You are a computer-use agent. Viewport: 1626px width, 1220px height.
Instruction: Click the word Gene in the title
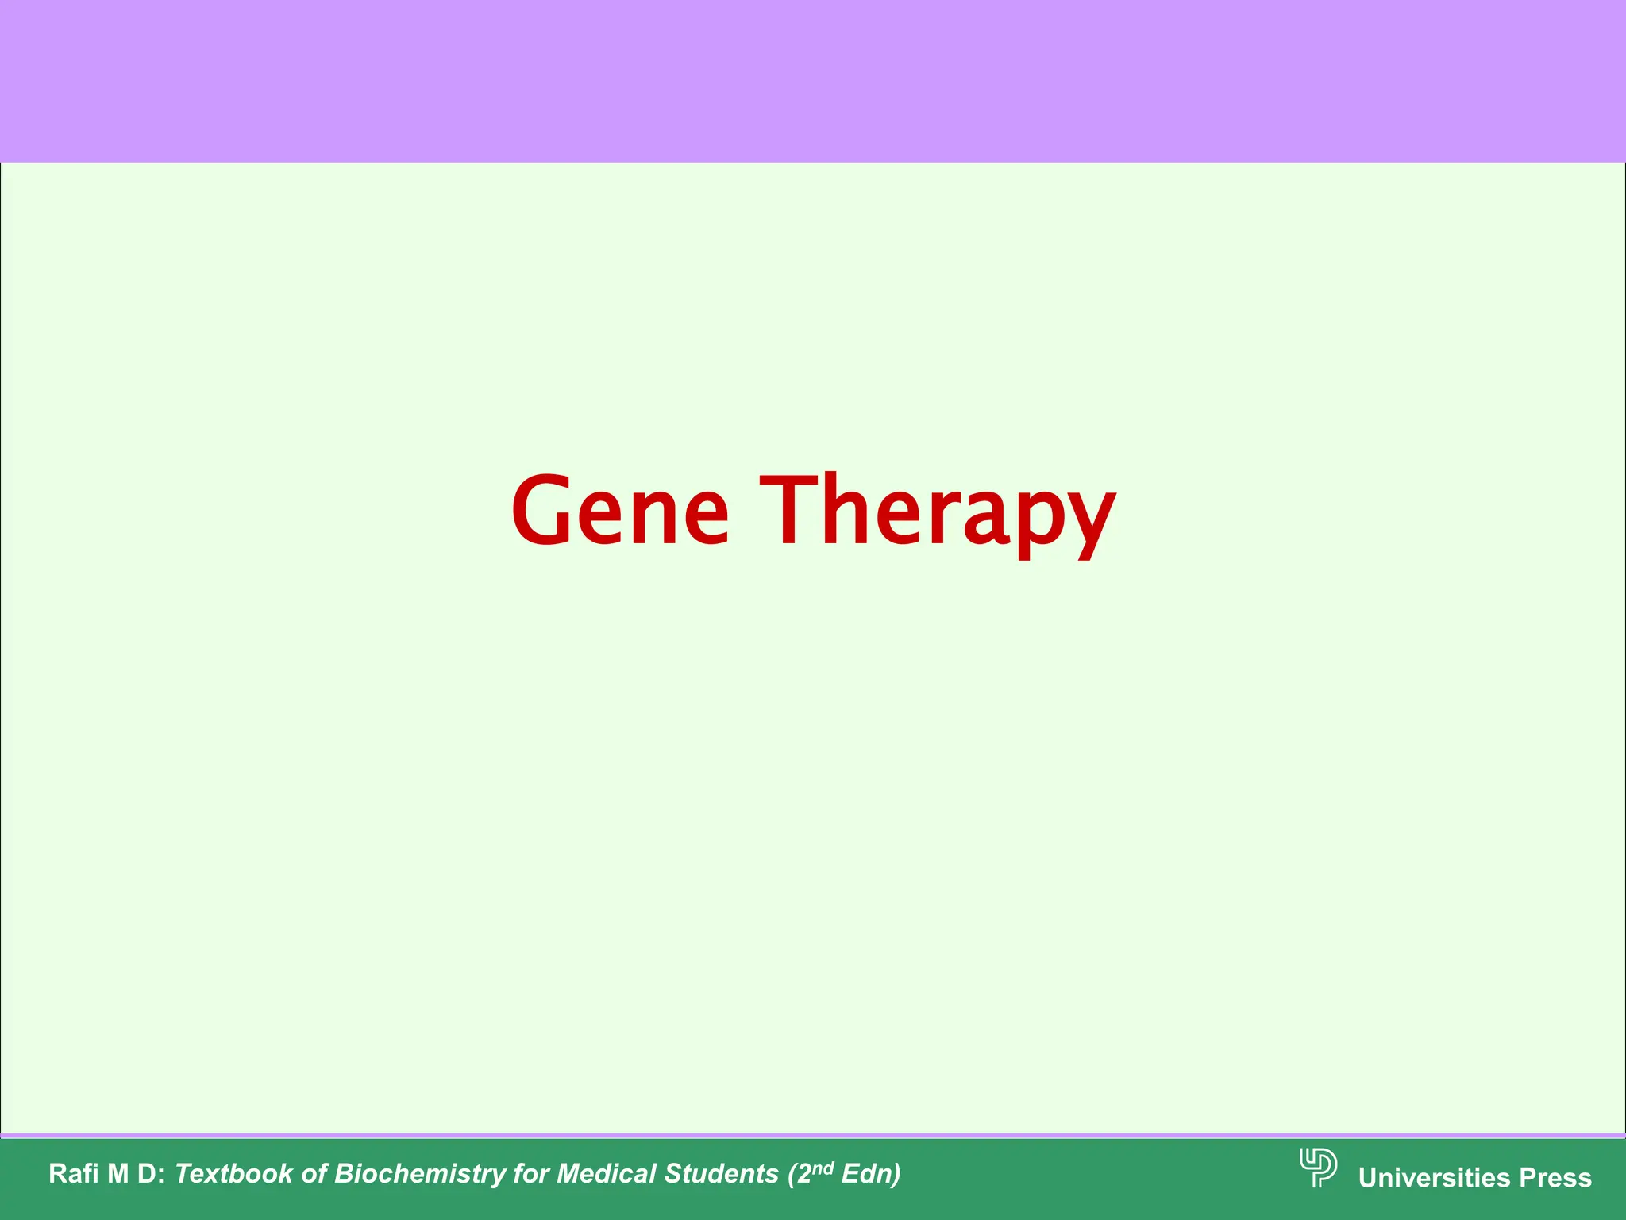point(620,510)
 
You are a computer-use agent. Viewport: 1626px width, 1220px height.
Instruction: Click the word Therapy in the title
point(938,510)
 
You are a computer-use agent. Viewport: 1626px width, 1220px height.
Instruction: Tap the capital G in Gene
point(545,510)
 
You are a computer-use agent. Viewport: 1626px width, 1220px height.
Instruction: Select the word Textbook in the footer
point(233,1174)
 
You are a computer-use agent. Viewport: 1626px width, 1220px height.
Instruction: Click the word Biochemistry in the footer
point(420,1174)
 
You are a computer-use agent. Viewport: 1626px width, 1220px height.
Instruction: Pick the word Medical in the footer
point(607,1174)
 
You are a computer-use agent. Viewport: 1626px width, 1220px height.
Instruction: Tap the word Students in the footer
point(721,1174)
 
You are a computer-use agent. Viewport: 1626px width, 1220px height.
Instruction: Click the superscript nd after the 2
point(824,1168)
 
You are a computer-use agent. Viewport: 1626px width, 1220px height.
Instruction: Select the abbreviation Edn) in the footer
point(871,1174)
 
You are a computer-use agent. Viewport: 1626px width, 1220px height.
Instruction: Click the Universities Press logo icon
point(1318,1168)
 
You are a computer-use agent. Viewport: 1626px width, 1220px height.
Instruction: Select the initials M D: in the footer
point(135,1174)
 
